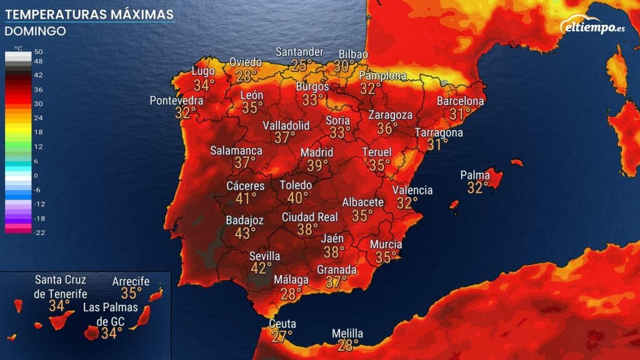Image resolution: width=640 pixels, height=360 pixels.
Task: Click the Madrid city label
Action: [x=317, y=152]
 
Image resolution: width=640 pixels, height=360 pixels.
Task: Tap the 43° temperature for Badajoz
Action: [x=244, y=233]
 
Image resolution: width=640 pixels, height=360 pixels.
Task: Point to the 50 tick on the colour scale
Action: [x=38, y=51]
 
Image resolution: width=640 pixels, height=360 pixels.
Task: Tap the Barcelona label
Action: [x=461, y=101]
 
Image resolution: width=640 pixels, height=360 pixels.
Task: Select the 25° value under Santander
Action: [x=301, y=64]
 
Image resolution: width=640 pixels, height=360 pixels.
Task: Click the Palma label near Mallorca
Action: [x=474, y=175]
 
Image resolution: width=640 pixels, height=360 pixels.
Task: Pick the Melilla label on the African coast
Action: [x=347, y=334]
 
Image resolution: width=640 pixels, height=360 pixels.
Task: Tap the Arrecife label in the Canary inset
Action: [x=131, y=281]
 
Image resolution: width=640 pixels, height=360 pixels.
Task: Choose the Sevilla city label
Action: [x=264, y=256]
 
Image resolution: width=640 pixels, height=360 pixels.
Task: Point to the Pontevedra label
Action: [x=176, y=101]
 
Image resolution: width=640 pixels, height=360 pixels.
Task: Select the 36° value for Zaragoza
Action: [x=387, y=127]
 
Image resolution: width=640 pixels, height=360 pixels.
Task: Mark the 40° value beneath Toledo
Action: [x=297, y=197]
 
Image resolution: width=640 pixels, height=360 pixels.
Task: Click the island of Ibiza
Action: [x=454, y=204]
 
